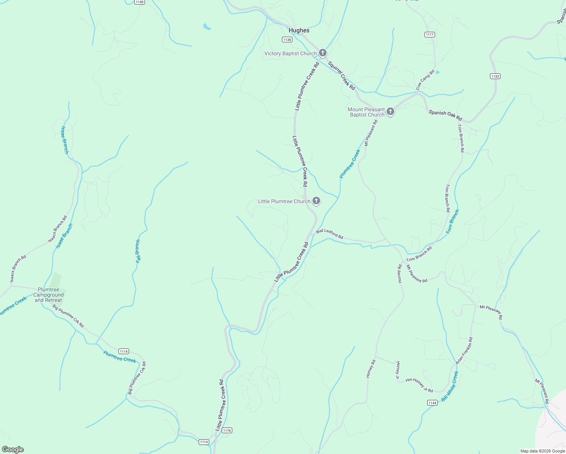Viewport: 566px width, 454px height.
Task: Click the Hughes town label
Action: pos(299,30)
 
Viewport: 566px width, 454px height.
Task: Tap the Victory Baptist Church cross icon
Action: pos(322,53)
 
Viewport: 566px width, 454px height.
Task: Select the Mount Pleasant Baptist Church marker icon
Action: pos(390,112)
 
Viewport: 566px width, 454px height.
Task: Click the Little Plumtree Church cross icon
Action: pos(316,201)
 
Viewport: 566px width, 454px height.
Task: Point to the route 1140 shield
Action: pos(139,2)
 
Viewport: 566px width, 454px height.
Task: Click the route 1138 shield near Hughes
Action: pos(287,39)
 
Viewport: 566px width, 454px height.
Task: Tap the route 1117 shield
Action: pos(429,34)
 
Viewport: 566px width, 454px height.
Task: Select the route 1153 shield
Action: pos(495,76)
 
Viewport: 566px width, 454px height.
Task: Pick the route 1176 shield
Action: pos(227,430)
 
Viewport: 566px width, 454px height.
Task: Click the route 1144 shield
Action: pos(432,403)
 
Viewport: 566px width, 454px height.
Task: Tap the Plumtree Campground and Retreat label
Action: pos(48,295)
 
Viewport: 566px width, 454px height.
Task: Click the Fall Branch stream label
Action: pos(138,251)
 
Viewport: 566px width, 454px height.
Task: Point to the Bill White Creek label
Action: pos(450,386)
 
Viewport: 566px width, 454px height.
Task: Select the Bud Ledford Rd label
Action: pos(330,234)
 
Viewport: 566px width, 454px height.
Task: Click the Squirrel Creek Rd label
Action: pos(341,76)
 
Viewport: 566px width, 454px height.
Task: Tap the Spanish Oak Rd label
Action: pos(445,115)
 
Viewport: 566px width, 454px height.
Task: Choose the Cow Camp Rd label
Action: pos(425,80)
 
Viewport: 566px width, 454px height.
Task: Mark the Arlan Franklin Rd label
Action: pos(464,351)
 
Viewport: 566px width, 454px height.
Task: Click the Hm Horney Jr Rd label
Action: pos(419,385)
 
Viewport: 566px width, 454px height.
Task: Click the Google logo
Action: pos(12,449)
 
